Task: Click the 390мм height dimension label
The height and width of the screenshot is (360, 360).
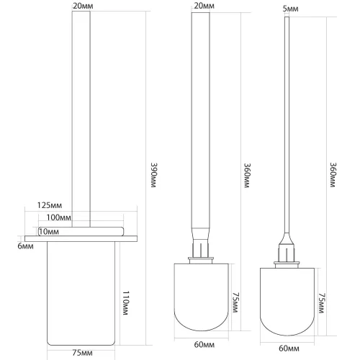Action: point(153,175)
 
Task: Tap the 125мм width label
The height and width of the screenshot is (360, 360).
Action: point(50,205)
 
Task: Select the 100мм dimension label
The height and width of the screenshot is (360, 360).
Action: point(58,217)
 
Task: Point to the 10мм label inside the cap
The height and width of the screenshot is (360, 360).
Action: point(49,232)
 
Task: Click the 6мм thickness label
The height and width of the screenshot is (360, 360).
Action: point(25,246)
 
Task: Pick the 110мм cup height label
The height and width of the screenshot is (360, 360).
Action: point(126,303)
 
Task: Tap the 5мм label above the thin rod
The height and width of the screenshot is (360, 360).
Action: point(290,9)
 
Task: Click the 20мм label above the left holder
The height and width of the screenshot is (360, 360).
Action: point(83,6)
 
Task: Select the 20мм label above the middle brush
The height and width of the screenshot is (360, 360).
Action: point(204,6)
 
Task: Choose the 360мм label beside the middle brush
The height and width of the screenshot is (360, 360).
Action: point(247,176)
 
